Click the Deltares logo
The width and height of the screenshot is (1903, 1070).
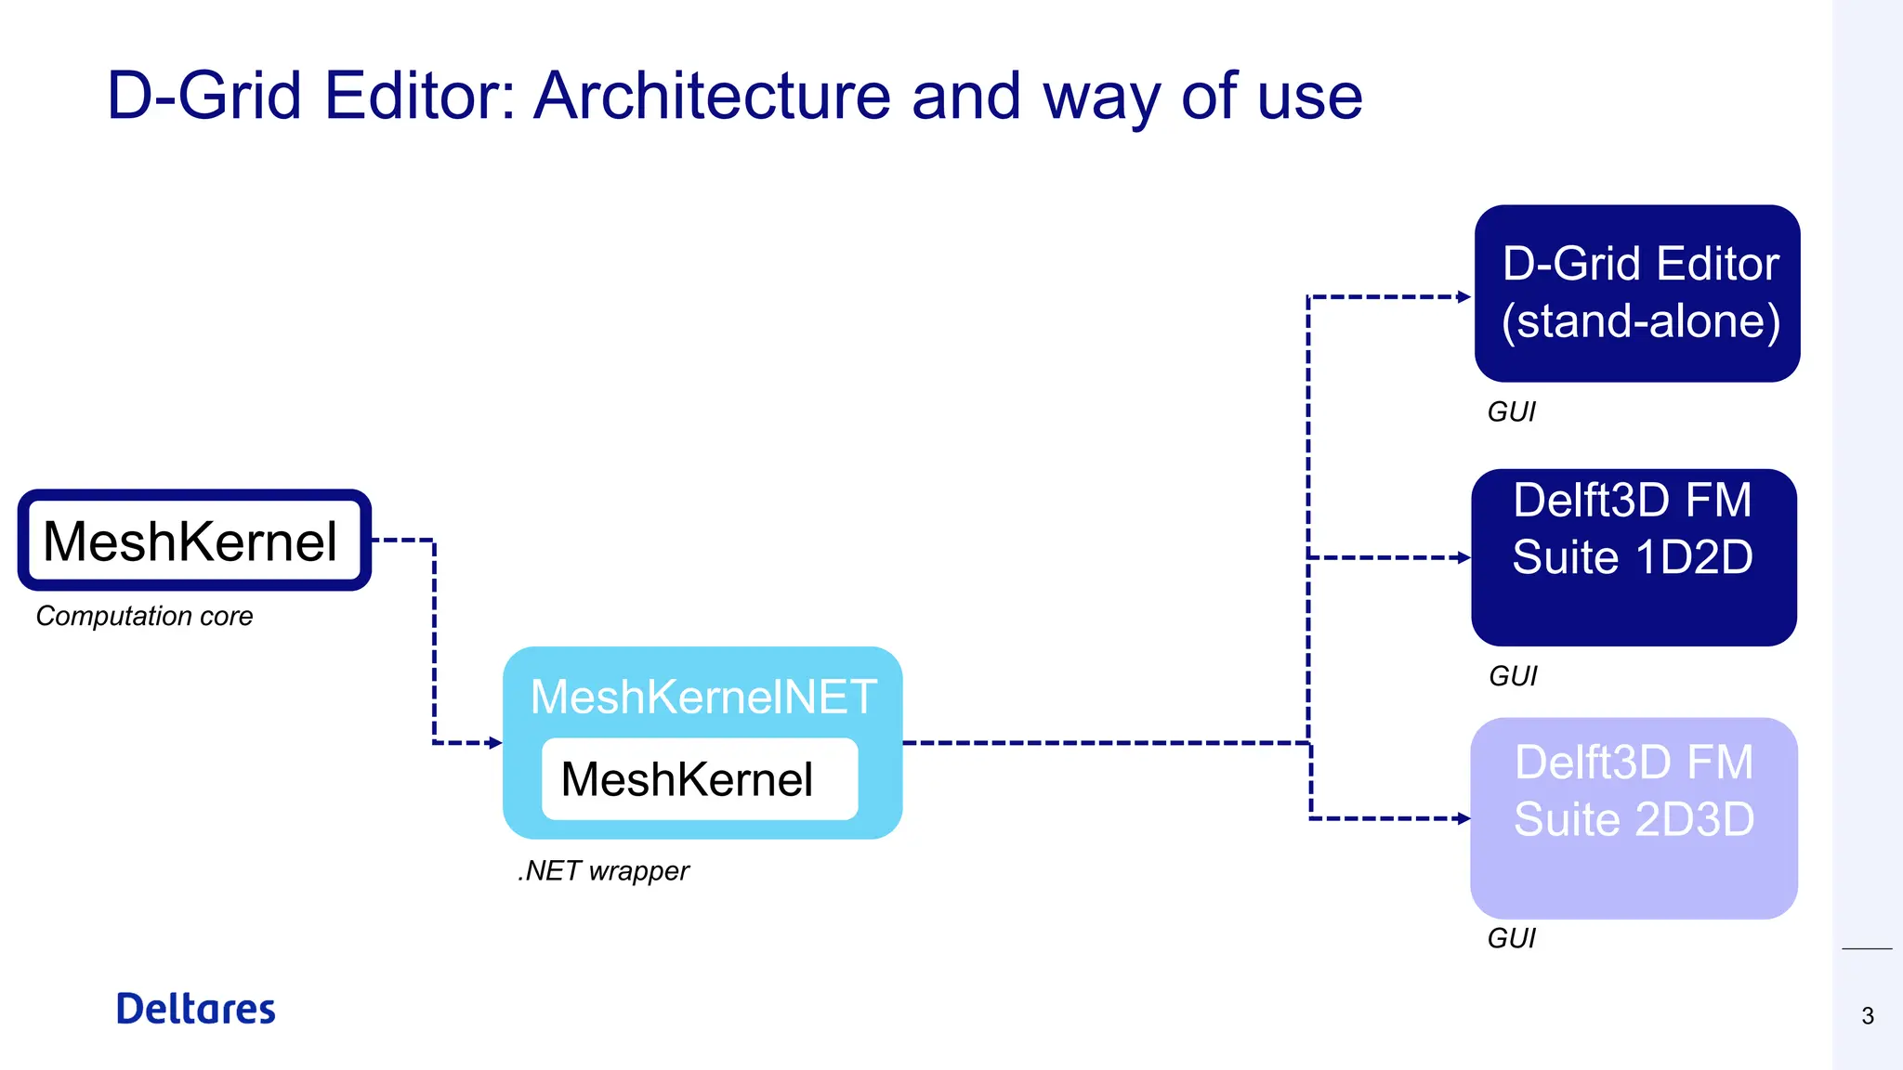tap(195, 1010)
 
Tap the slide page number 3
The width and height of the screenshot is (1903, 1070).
tap(1868, 1016)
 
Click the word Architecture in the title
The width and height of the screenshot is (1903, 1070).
tap(712, 96)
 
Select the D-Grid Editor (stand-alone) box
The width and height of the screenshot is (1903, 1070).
tap(1637, 294)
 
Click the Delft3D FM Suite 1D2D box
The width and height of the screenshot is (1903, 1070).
tap(1634, 557)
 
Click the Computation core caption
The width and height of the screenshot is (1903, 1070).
tap(144, 617)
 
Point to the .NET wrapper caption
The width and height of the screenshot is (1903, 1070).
tap(603, 871)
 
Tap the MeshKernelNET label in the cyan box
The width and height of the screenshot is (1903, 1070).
tap(703, 697)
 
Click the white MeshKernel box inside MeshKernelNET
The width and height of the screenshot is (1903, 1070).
tap(699, 779)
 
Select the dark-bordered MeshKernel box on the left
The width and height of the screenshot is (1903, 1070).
tap(193, 541)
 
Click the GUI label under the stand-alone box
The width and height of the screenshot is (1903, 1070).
tap(1511, 411)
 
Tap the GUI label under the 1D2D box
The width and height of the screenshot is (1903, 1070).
tap(1513, 676)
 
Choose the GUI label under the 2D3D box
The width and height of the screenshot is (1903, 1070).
tap(1511, 939)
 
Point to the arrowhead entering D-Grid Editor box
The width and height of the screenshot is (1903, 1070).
tap(1464, 297)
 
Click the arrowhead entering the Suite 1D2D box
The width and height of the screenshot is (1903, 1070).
tap(1464, 558)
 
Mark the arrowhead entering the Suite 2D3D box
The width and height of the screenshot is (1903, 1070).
tap(1464, 819)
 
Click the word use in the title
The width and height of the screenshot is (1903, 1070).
tap(1309, 96)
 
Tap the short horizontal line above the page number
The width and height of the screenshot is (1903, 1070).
tap(1867, 949)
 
